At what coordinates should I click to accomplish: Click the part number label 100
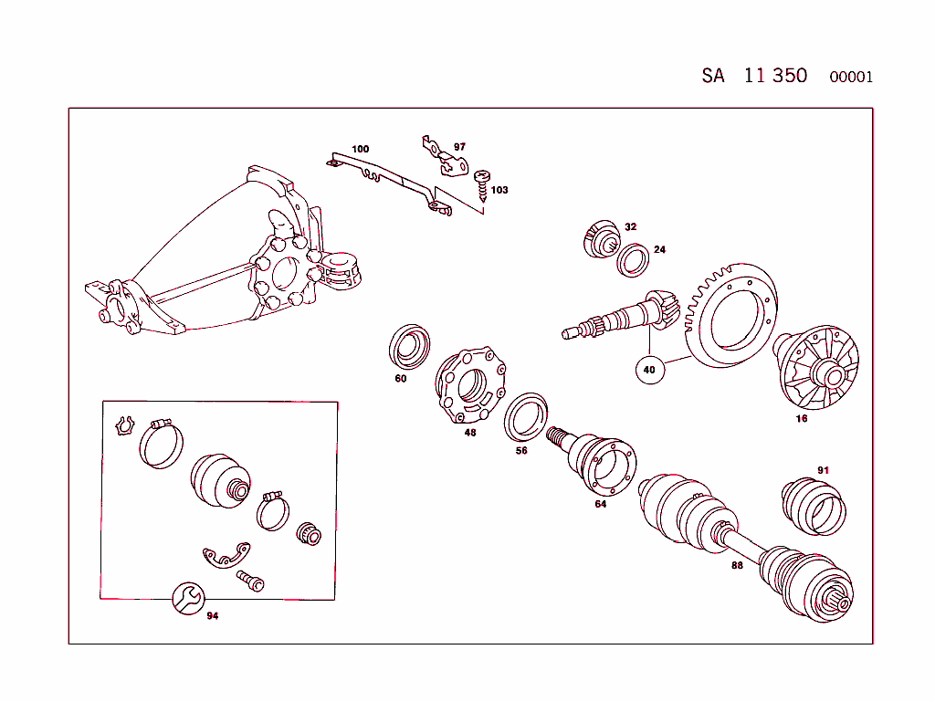point(361,149)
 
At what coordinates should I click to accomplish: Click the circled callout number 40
point(649,370)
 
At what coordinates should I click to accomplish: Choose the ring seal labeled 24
point(633,259)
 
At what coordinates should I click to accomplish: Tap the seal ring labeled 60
point(412,346)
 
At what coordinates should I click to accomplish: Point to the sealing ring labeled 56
point(527,416)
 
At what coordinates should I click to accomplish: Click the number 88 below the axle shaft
point(737,565)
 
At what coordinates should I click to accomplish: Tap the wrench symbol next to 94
point(189,598)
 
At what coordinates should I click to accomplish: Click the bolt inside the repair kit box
point(249,580)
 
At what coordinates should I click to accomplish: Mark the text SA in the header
point(713,76)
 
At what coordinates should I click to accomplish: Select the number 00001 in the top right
point(851,78)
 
